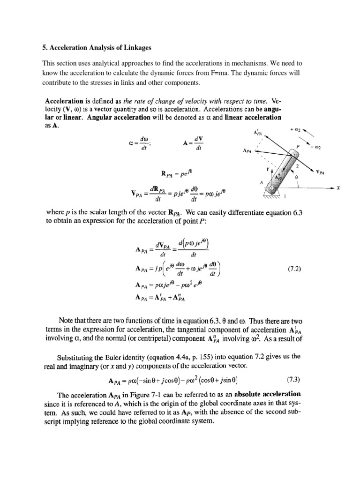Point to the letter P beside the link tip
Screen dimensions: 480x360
(x=297, y=146)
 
